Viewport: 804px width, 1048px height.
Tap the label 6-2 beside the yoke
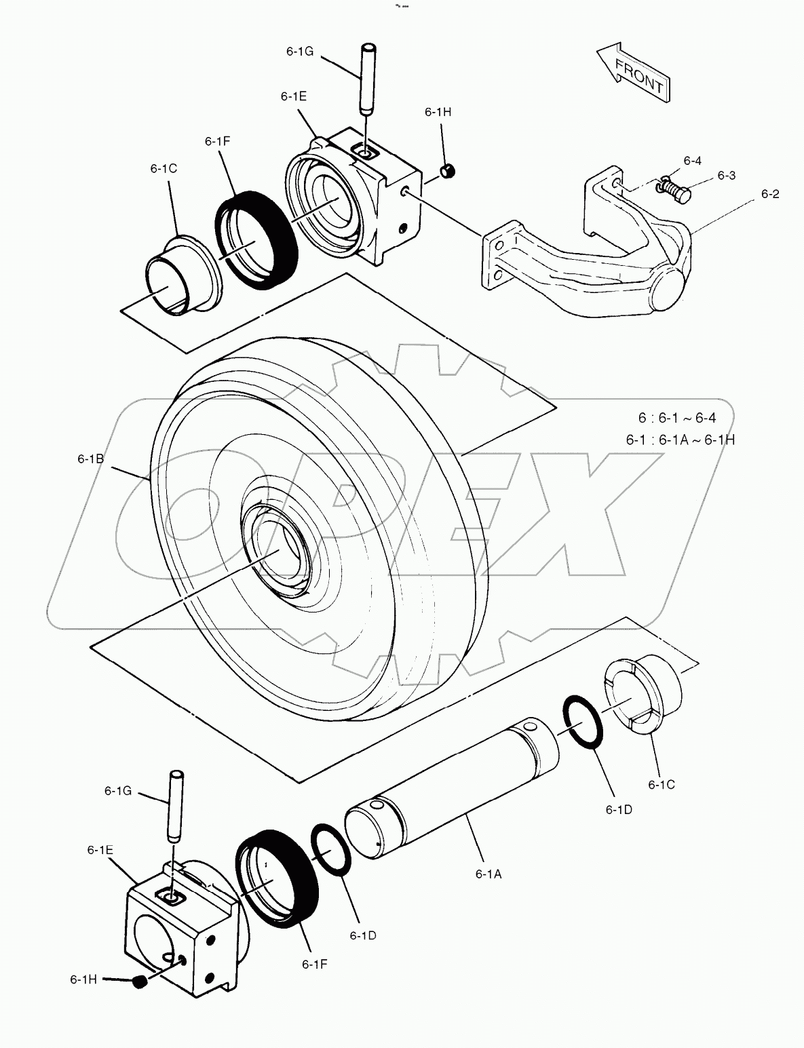(769, 194)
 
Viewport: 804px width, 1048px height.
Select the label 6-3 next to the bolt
(726, 175)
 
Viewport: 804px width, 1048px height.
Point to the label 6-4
(692, 161)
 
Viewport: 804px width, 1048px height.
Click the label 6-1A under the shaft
(488, 874)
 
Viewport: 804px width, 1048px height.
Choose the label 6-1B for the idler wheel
(90, 459)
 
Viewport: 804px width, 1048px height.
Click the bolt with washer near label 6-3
(675, 190)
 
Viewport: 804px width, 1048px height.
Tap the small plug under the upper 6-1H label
(448, 172)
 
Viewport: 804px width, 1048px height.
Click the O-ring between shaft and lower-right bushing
(581, 721)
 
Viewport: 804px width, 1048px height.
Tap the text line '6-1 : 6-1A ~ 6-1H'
(680, 440)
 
